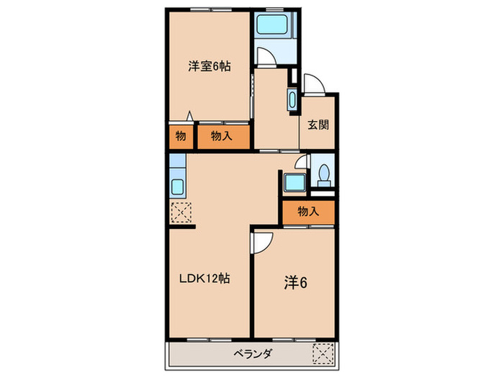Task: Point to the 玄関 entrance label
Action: click(318, 124)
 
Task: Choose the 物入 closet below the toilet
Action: click(308, 211)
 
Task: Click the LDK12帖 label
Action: click(204, 278)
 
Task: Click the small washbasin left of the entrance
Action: click(291, 100)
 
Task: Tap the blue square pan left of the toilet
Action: click(294, 182)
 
